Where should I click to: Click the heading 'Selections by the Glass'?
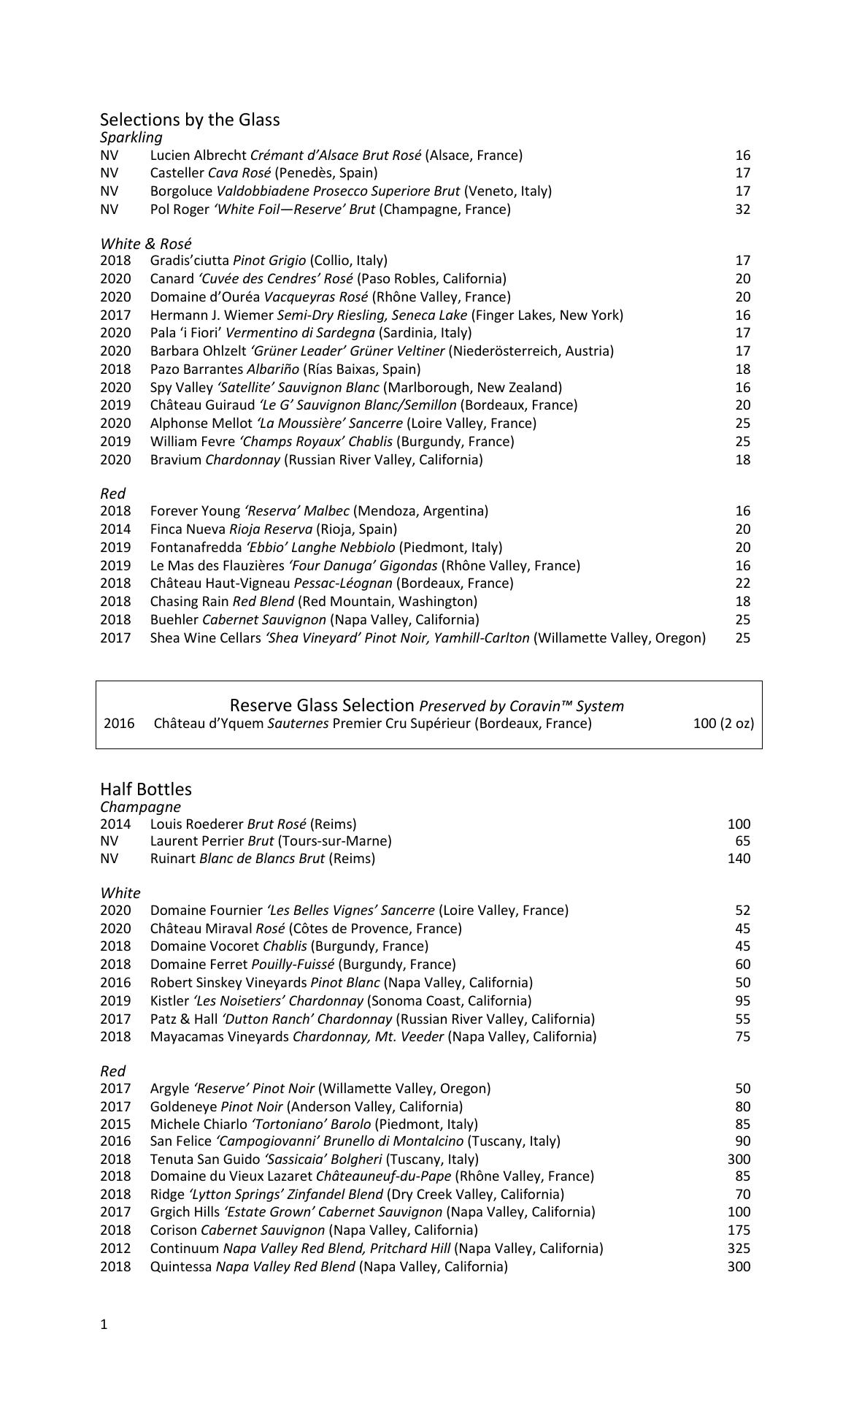(190, 120)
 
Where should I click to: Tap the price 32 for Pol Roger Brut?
(742, 210)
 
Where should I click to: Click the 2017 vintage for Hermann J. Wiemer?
(115, 315)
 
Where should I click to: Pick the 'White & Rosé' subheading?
(145, 244)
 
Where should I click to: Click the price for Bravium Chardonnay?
(742, 460)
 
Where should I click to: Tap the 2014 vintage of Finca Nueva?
(115, 529)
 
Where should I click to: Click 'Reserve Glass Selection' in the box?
(322, 705)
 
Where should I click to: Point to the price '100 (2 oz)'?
(723, 724)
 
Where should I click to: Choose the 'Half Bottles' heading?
(146, 789)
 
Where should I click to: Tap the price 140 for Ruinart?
(739, 859)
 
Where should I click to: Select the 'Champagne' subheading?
(140, 807)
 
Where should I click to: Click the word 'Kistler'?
(169, 1001)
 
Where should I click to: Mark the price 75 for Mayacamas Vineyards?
(742, 1037)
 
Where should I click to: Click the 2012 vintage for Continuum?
(115, 1249)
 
